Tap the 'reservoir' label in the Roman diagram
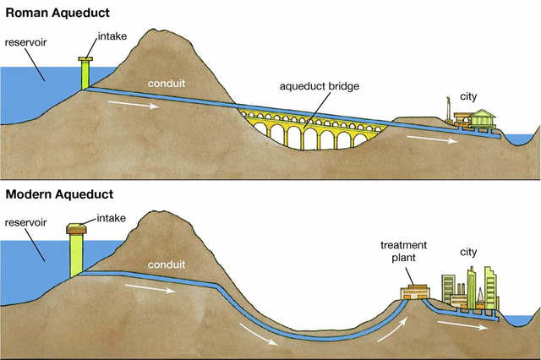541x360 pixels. [25, 41]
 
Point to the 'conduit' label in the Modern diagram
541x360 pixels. [166, 264]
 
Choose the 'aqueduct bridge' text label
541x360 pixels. [316, 86]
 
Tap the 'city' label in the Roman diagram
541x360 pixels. [468, 96]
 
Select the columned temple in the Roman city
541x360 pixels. [484, 119]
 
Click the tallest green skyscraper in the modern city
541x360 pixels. [490, 287]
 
